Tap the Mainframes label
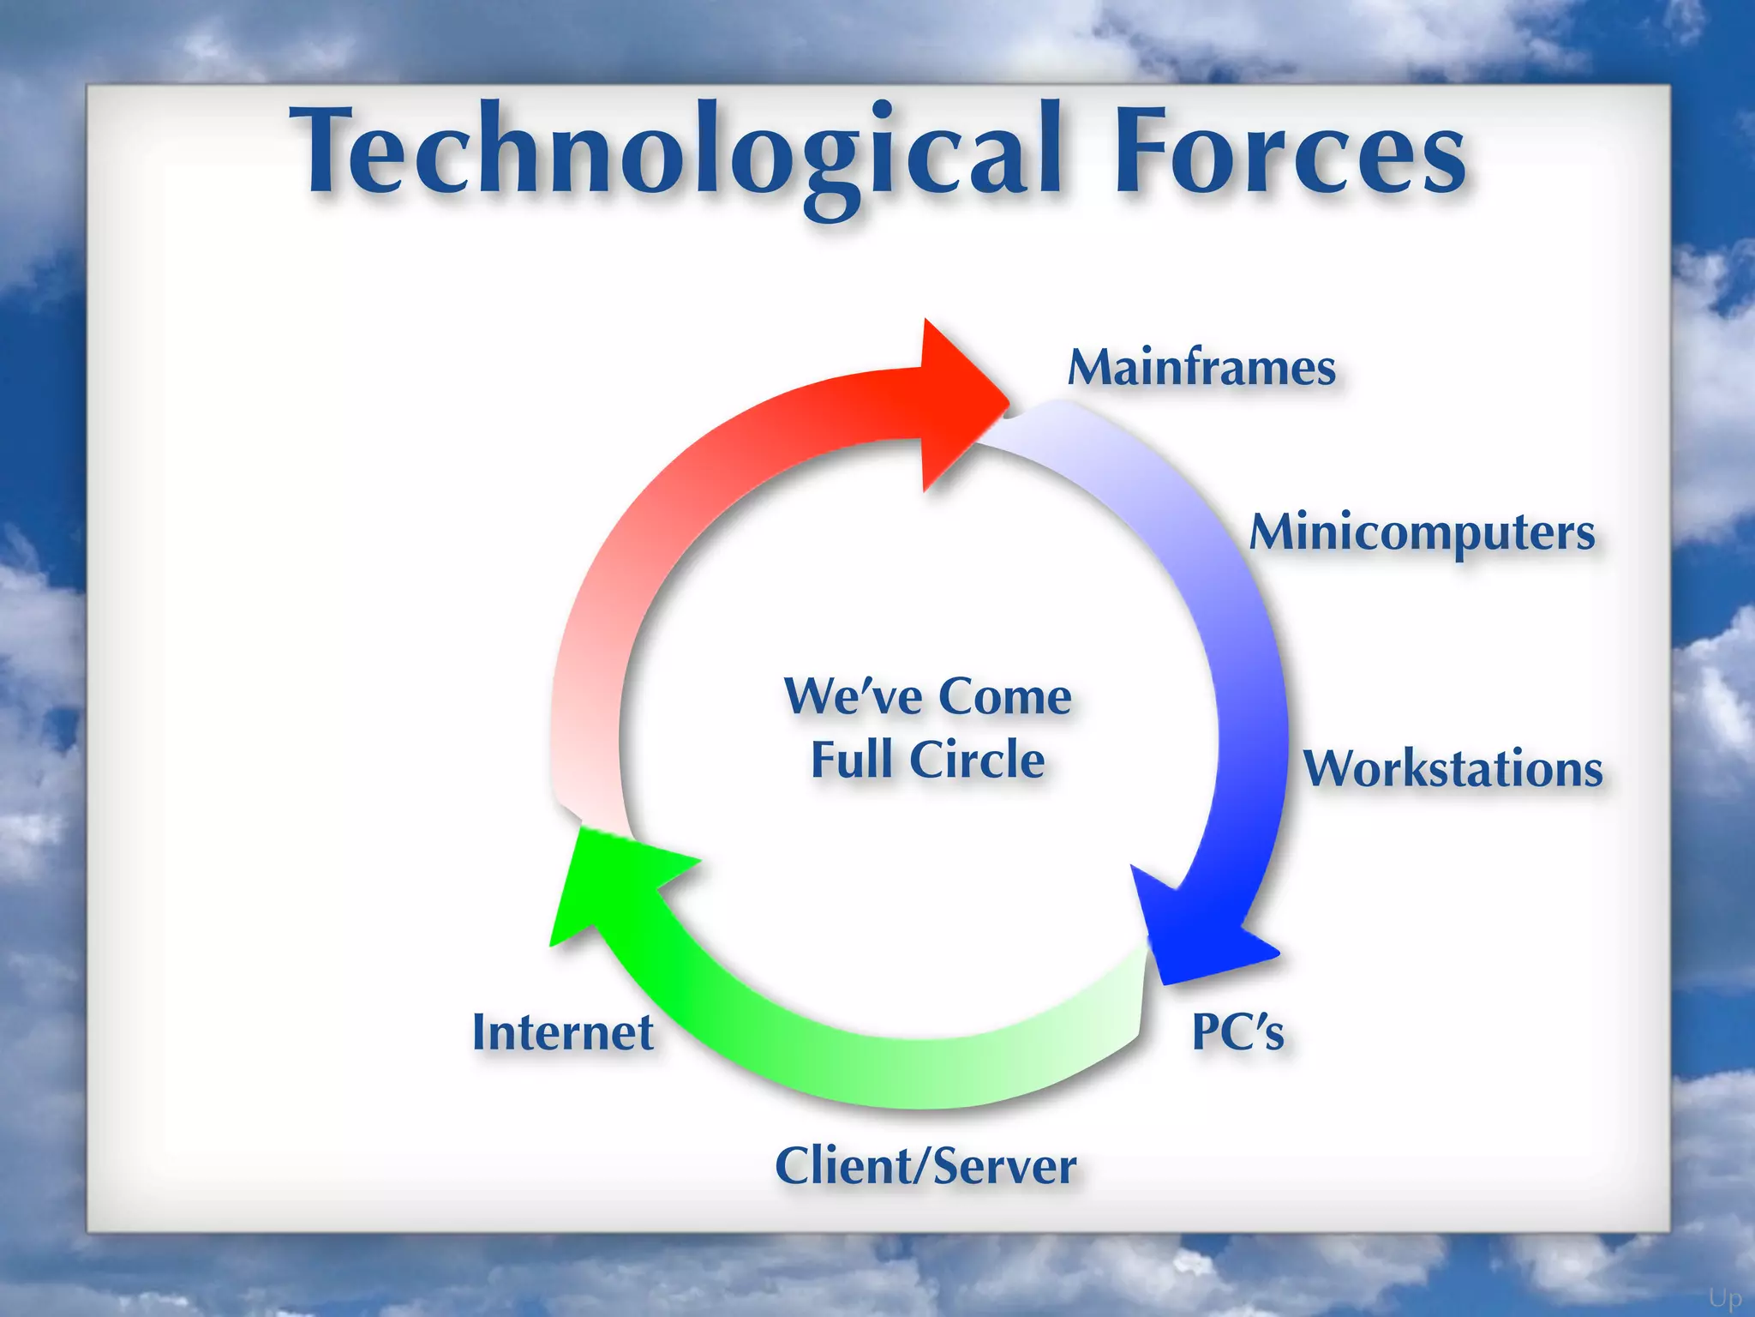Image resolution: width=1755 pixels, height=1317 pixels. pos(1201,369)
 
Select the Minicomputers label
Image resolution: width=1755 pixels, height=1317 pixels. pos(1423,533)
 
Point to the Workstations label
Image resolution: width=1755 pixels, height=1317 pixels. pos(1453,768)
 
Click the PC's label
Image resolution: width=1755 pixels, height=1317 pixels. pos(1237,1031)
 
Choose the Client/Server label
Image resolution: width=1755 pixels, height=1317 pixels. pos(925,1166)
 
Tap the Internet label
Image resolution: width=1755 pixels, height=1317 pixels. pos(563,1031)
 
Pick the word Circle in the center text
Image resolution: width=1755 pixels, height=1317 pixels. pos(977,760)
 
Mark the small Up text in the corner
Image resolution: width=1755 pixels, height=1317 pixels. pos(1725,1298)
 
